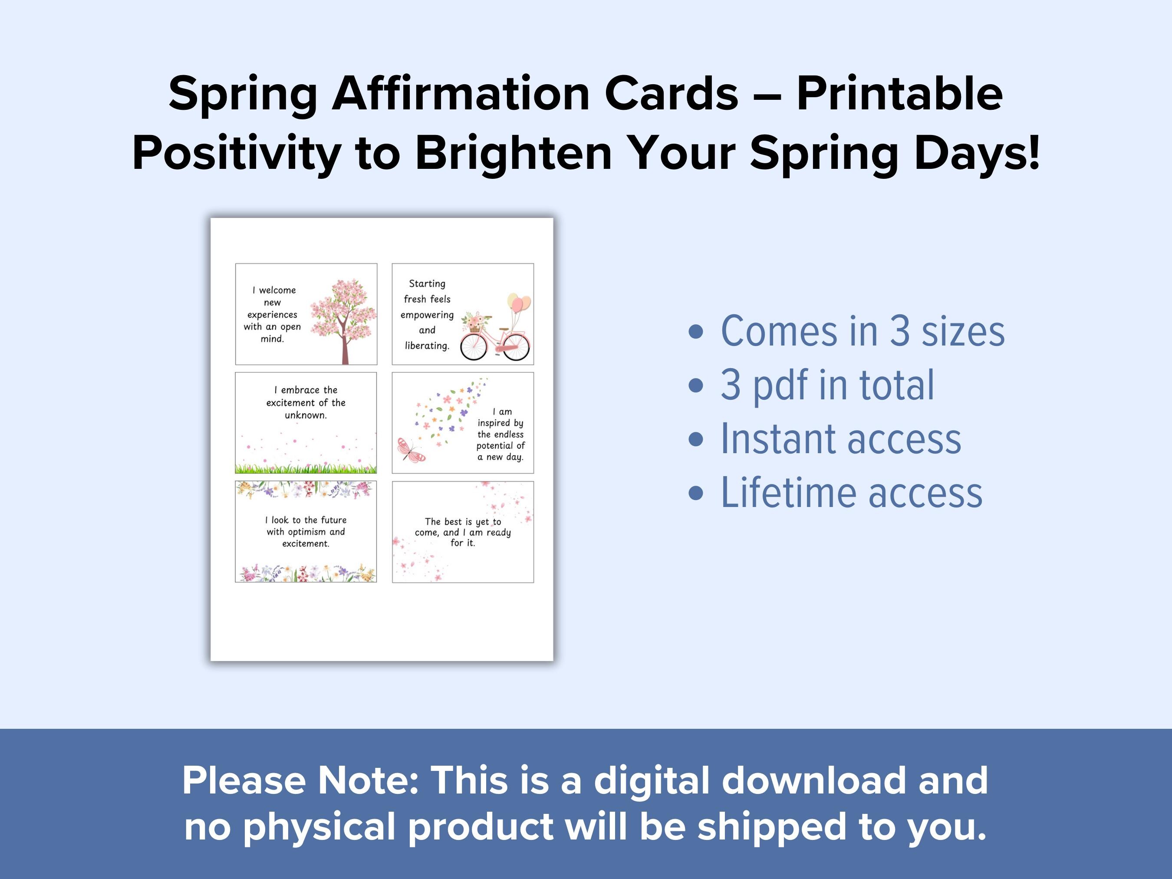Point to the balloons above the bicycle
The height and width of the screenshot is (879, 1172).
(519, 303)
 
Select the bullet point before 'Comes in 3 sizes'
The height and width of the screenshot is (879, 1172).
(696, 332)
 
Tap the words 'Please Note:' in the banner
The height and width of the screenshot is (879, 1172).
(300, 780)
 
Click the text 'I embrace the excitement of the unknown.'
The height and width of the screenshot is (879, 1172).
(306, 403)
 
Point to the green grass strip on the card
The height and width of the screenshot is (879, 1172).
(306, 468)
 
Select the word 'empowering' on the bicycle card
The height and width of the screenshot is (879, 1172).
(427, 315)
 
